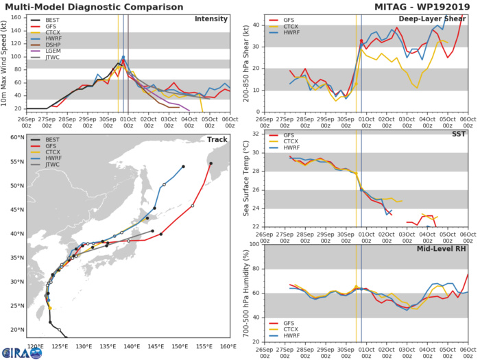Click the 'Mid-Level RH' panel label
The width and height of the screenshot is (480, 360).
point(442,251)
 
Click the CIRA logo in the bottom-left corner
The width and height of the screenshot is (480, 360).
point(14,350)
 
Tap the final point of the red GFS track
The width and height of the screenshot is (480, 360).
point(211,163)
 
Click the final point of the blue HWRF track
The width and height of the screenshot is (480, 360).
point(183,166)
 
